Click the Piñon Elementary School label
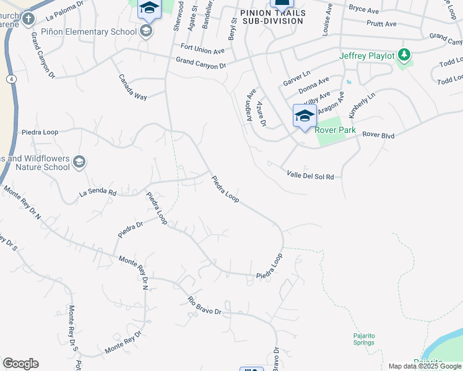point(89,32)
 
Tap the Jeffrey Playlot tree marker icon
point(405,56)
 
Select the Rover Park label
point(335,130)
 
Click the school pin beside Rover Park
point(305,116)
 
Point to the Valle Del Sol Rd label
point(310,176)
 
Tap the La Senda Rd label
point(98,193)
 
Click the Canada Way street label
point(133,88)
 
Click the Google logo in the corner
point(20,364)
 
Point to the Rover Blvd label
point(378,134)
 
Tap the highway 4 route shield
point(11,79)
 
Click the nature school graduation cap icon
point(79,162)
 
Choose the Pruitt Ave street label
point(381,23)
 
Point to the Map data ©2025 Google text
point(425,366)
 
